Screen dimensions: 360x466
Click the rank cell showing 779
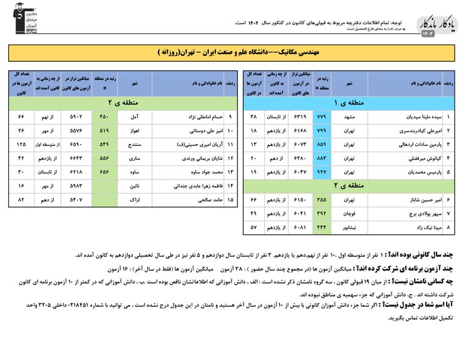pos(322,117)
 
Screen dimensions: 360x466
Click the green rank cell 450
pos(103,116)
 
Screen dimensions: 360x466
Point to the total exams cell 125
pos(21,145)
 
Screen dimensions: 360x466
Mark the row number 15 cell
pos(230,200)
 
